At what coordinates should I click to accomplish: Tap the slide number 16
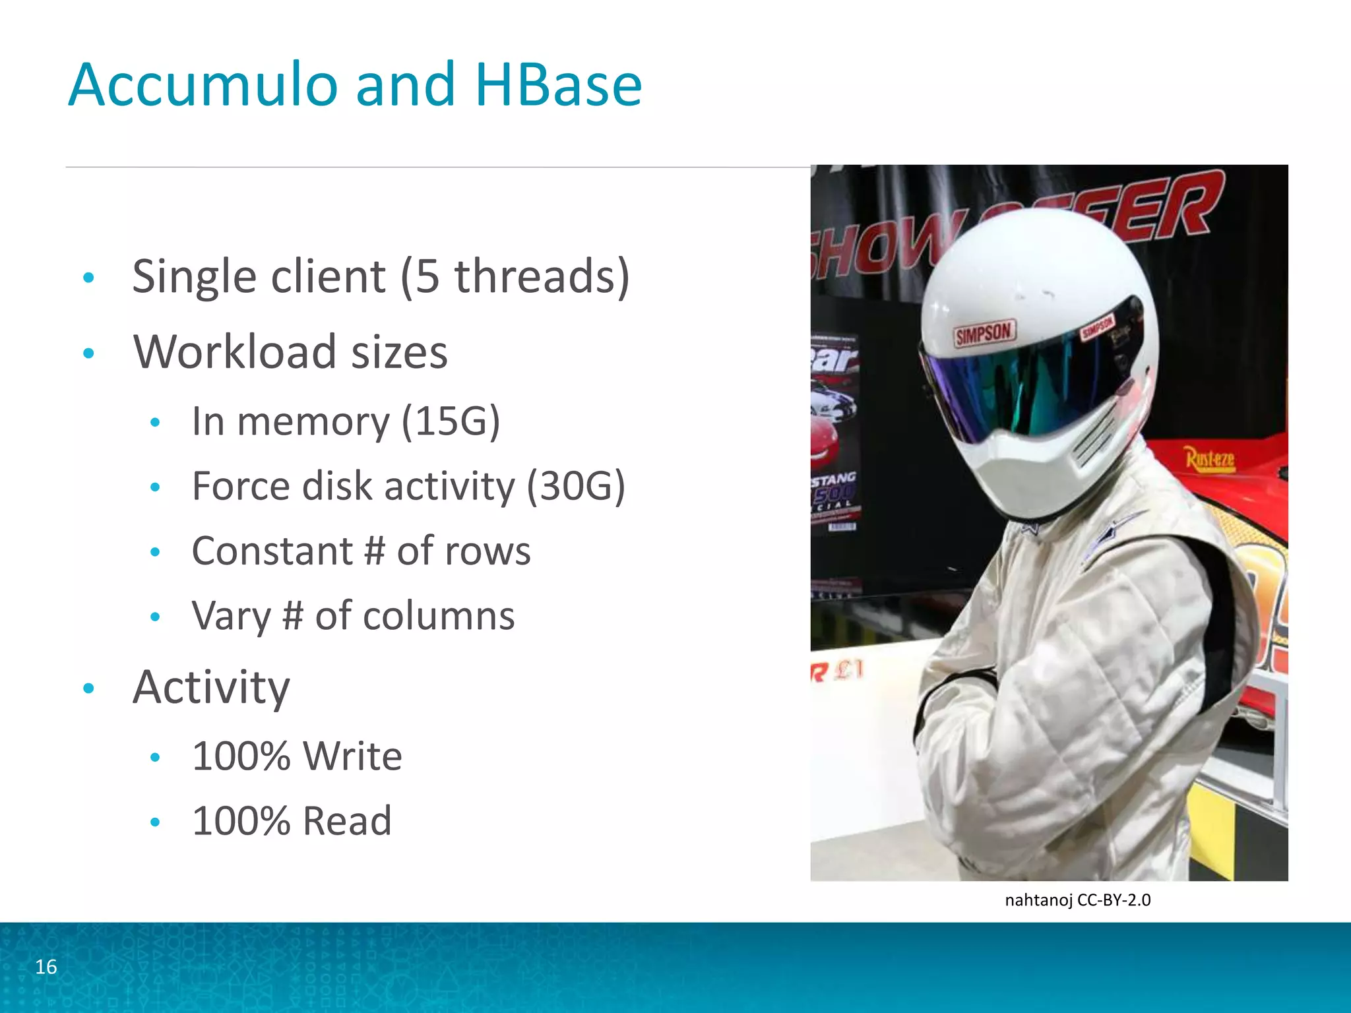pos(46,967)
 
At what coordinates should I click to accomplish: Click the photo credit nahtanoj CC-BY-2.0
pos(1077,900)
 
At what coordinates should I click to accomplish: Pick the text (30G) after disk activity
pos(576,486)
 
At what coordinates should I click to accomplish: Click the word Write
pos(353,756)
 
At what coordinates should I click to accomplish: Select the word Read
pos(347,821)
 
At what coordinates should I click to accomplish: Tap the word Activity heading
pos(211,688)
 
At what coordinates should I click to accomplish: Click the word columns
pos(439,616)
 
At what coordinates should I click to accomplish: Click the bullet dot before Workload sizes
pos(89,353)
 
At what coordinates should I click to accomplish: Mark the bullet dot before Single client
pos(89,278)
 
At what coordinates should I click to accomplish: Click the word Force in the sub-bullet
pos(241,486)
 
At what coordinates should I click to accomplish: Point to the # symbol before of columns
pos(293,616)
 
